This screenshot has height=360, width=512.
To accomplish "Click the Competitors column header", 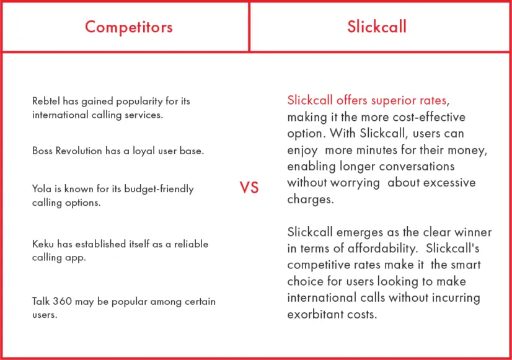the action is click(x=129, y=27).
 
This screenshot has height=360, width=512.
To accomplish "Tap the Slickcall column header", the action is click(x=377, y=27).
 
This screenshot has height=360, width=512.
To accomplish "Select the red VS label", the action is click(x=249, y=188).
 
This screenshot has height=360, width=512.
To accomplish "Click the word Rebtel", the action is click(x=46, y=101).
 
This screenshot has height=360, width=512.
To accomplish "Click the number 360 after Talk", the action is click(x=62, y=301).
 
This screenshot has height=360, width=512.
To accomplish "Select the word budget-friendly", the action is click(x=159, y=190).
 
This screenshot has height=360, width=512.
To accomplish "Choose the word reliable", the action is click(x=191, y=244).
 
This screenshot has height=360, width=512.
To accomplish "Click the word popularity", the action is click(x=139, y=102).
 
